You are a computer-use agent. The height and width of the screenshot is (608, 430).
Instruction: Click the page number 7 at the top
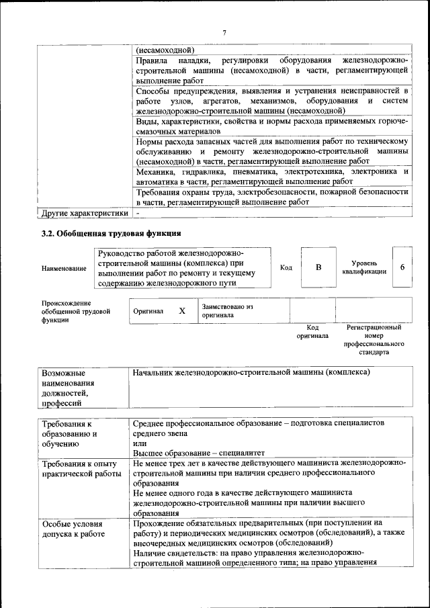pos(224,32)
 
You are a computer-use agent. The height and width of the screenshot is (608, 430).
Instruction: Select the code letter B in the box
pos(319,267)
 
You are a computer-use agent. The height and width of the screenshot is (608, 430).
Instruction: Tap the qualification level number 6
pos(402,267)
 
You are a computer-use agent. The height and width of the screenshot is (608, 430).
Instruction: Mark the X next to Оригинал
pos(181,311)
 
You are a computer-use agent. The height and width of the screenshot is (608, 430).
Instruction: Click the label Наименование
pos(64,269)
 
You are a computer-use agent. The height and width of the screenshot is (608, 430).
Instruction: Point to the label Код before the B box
pos(286,267)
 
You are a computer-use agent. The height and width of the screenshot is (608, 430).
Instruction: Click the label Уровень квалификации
pos(364,267)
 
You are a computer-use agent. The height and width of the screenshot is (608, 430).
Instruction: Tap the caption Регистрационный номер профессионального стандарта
pos(374,339)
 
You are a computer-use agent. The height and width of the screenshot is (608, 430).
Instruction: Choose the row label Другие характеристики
pos(84,213)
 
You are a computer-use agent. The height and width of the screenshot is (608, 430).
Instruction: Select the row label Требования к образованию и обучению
pos(70,433)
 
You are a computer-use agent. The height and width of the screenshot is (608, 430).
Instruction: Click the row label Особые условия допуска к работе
pos(73,528)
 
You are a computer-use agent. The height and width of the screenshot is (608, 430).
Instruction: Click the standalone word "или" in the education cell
pos(139,443)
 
